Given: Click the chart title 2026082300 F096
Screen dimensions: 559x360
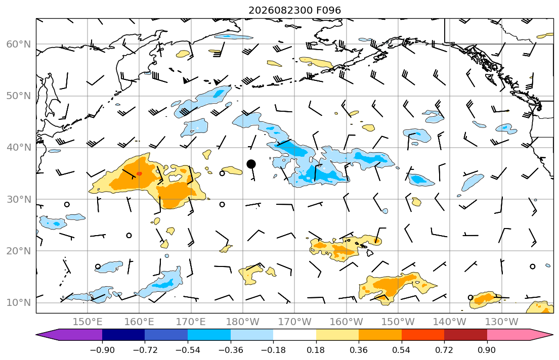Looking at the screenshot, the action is tap(294, 10).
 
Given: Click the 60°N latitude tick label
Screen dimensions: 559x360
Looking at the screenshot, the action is tap(19, 44).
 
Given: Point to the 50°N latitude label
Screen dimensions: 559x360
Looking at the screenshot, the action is tap(19, 96).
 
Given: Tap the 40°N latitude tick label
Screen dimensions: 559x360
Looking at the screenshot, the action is tap(19, 148).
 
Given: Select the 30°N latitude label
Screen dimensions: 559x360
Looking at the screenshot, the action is tap(19, 199).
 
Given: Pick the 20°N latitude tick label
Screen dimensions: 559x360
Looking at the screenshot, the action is tap(19, 251).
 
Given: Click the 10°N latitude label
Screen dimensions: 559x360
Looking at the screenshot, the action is tap(19, 303).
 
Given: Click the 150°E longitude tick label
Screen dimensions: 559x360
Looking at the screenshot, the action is tap(88, 322).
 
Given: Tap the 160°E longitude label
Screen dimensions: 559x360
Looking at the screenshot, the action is tap(140, 322).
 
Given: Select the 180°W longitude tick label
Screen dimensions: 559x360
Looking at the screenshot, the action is tap(243, 322).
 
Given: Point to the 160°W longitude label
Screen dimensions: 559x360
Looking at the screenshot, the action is tap(347, 322).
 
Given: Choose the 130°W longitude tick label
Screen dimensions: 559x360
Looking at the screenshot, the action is tap(502, 322).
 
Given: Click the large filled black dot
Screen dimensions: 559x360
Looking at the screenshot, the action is tap(251, 164).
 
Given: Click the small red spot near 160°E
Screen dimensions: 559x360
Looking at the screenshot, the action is tap(140, 173).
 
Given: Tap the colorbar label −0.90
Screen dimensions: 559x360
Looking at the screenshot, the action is tap(102, 350).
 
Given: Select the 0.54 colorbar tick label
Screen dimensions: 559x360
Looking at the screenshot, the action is tap(402, 350).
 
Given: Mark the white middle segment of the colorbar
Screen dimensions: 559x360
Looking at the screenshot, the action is tap(294, 335).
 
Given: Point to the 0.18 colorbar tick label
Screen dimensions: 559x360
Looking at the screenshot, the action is tap(316, 350).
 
